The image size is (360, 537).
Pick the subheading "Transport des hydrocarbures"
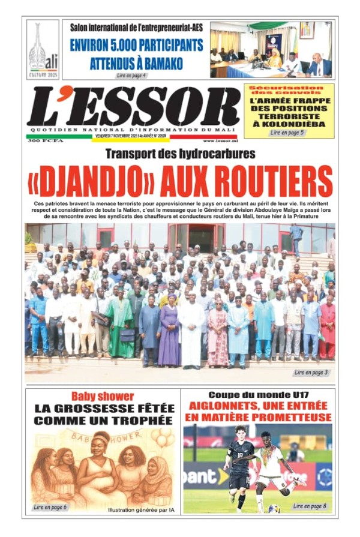(x=180, y=154)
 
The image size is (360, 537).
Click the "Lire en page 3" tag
(x=311, y=373)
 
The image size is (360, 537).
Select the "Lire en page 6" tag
(x=50, y=507)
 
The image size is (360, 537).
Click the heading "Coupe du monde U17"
(x=257, y=395)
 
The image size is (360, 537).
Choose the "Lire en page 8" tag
(x=310, y=506)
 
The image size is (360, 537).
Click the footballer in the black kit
(x=238, y=468)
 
